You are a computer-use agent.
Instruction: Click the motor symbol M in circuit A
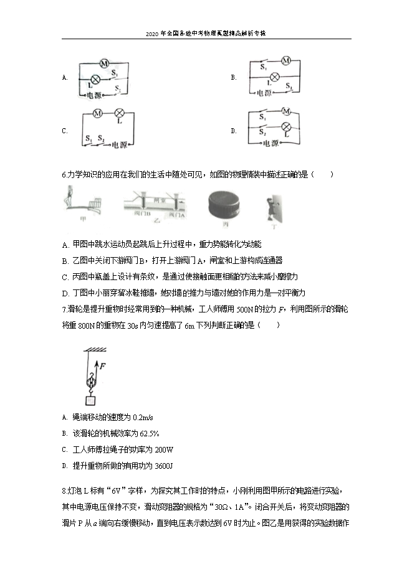pyautogui.click(x=105, y=63)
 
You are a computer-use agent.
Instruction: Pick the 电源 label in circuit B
pyautogui.click(x=266, y=93)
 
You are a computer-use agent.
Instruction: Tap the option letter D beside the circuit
pyautogui.click(x=233, y=131)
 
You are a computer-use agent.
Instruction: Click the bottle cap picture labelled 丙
pyautogui.click(x=225, y=203)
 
